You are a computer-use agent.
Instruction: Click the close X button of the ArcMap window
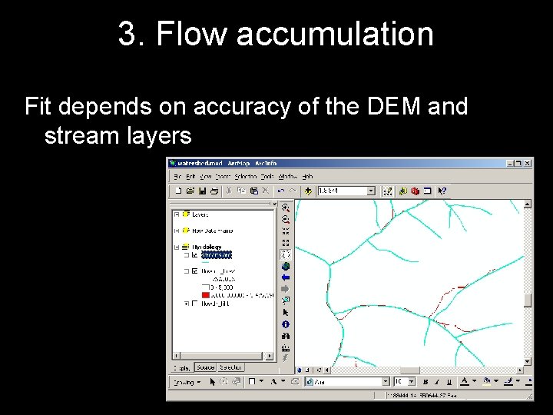point(527,163)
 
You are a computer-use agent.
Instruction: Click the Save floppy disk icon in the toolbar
point(202,191)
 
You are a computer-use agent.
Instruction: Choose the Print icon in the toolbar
point(214,191)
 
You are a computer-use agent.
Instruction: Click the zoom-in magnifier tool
point(286,207)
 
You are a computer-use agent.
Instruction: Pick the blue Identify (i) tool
point(286,324)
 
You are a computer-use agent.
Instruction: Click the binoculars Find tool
point(286,336)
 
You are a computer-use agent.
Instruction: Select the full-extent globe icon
point(286,266)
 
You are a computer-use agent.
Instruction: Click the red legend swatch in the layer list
point(205,294)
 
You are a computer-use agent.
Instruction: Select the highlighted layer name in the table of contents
point(216,254)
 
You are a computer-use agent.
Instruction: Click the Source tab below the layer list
point(205,367)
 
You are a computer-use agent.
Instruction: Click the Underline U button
point(449,381)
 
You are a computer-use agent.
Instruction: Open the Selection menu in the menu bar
point(245,177)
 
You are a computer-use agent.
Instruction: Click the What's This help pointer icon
point(442,191)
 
